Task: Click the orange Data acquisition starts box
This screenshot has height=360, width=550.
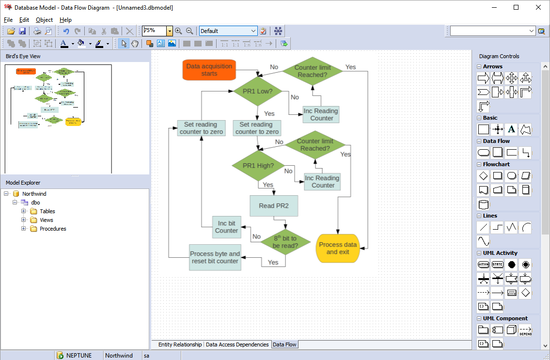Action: point(209,70)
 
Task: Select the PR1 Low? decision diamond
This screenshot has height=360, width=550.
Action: point(257,91)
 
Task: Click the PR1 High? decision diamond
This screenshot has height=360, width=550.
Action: point(258,166)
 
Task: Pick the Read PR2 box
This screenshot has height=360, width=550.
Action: point(273,205)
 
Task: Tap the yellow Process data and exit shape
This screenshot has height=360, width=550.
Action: point(337,248)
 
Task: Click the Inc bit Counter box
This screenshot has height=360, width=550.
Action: point(226,227)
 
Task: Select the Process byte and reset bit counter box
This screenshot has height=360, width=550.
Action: point(215,257)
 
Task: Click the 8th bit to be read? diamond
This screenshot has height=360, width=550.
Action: point(285,242)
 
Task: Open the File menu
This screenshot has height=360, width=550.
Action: point(8,20)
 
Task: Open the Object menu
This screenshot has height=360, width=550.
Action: point(44,20)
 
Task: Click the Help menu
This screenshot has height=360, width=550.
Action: point(65,20)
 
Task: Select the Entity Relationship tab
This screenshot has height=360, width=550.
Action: point(180,344)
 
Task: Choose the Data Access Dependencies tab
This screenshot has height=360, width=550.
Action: point(237,344)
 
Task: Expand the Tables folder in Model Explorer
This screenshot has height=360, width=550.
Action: point(24,211)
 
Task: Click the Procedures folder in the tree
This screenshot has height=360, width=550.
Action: point(52,229)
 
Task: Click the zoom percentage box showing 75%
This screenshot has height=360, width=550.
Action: point(154,31)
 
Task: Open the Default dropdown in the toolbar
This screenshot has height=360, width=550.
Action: point(228,31)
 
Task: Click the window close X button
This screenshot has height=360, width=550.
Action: point(538,7)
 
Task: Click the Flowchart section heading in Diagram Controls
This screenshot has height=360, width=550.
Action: point(496,164)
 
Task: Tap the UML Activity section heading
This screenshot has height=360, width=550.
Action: point(500,253)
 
